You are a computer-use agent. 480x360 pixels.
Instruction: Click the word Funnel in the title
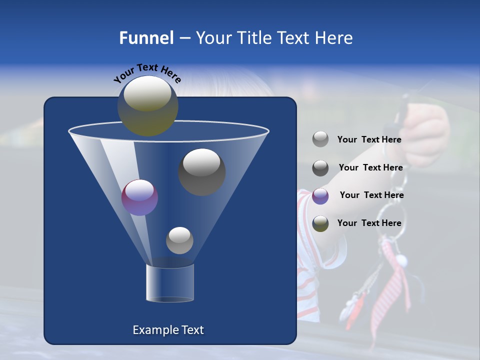tap(146, 38)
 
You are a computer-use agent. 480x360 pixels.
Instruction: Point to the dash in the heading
tap(184, 38)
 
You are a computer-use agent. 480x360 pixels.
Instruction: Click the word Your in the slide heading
tap(214, 38)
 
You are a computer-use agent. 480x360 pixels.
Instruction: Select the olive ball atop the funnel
tap(148, 105)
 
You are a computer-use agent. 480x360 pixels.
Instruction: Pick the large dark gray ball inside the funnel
tap(202, 171)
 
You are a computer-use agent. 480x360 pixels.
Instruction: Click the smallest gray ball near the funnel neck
tap(179, 240)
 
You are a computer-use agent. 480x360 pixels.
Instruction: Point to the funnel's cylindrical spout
tap(169, 283)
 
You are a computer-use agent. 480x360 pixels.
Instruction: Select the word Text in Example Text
tap(191, 330)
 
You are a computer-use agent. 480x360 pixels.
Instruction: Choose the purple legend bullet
tap(320, 195)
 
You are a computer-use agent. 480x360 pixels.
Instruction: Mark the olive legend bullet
tap(320, 223)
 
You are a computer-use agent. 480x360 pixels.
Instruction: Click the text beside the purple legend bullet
tap(371, 195)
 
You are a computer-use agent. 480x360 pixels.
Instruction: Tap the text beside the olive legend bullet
tap(369, 223)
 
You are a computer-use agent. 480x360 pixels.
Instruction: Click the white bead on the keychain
tap(401, 261)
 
